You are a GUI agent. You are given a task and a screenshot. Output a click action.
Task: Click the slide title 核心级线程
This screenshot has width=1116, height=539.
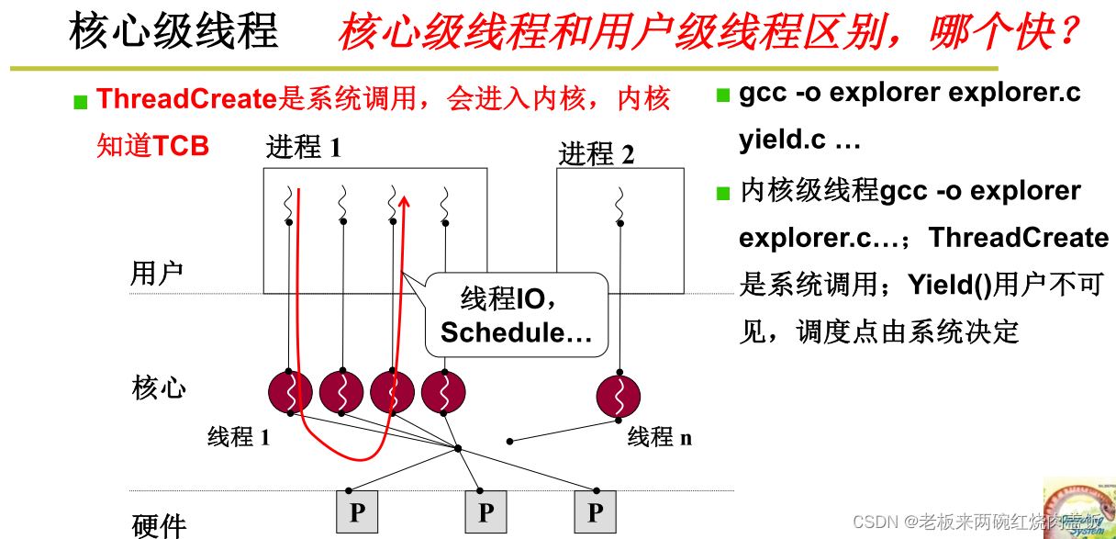173,32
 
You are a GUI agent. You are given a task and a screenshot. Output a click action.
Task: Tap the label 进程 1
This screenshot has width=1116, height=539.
303,147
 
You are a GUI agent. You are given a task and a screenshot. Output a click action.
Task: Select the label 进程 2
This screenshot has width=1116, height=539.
597,154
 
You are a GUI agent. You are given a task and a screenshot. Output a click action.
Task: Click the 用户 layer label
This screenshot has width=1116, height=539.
157,274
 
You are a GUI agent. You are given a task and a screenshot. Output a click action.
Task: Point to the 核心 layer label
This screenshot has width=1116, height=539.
159,387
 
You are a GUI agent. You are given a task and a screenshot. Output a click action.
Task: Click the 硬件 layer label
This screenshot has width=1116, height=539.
159,525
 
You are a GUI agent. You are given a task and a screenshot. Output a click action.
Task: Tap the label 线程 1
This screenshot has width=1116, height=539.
239,437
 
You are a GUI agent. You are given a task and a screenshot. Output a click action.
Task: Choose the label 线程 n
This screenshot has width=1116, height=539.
659,437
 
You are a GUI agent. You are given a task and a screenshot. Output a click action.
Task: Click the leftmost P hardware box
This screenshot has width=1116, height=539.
357,511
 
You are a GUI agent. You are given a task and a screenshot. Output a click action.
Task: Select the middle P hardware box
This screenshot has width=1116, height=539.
485,511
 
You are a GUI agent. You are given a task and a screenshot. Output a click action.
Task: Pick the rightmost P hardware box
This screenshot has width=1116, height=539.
596,511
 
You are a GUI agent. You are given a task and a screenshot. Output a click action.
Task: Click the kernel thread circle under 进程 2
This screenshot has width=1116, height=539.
618,395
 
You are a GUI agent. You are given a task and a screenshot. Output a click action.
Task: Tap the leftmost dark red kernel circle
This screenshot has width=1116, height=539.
291,393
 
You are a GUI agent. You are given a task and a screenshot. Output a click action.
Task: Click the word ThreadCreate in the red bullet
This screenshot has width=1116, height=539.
186,99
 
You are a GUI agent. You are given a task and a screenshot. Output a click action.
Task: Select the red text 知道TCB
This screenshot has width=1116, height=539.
152,146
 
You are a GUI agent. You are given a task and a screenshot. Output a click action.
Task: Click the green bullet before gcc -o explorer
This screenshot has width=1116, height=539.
722,94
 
